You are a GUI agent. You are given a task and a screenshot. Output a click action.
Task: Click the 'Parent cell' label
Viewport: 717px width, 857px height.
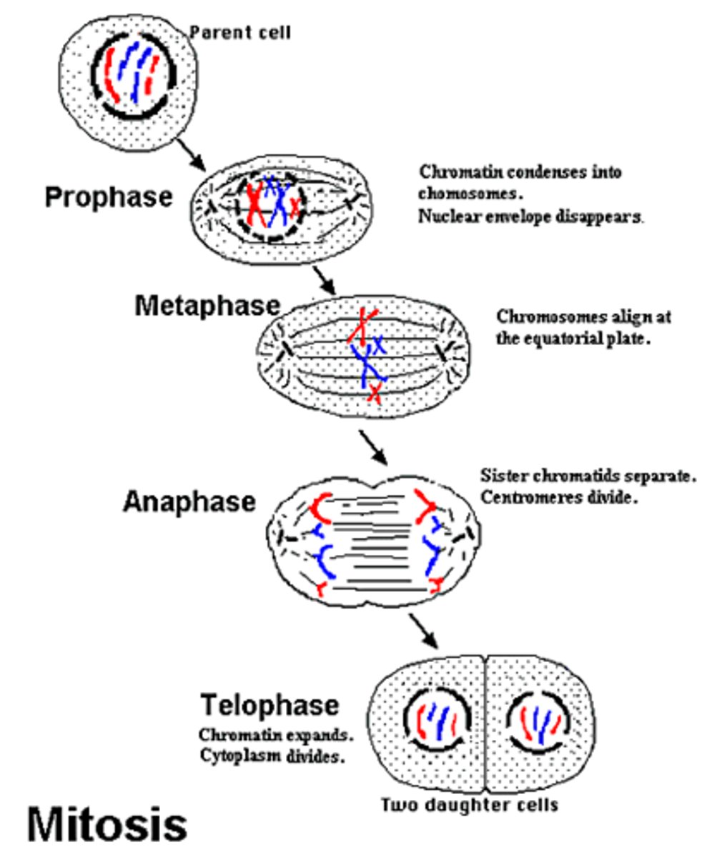pos(239,33)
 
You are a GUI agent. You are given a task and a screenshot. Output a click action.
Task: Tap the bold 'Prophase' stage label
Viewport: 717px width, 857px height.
pos(109,197)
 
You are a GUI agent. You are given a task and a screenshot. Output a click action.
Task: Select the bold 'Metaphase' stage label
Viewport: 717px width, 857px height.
pos(207,306)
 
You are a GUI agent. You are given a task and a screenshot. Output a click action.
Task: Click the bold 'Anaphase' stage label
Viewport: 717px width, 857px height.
pos(189,501)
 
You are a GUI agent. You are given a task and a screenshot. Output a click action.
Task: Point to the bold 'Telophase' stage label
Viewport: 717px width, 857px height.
pos(270,705)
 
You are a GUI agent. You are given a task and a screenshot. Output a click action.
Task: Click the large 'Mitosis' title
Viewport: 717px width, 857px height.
pos(107,823)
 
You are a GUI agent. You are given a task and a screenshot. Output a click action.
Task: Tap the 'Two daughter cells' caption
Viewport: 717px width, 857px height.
pos(469,805)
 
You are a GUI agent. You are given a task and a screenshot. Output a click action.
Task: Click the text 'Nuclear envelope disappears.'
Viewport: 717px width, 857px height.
pos(531,217)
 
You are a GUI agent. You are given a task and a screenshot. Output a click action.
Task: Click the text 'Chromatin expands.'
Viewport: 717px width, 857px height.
pos(276,735)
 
